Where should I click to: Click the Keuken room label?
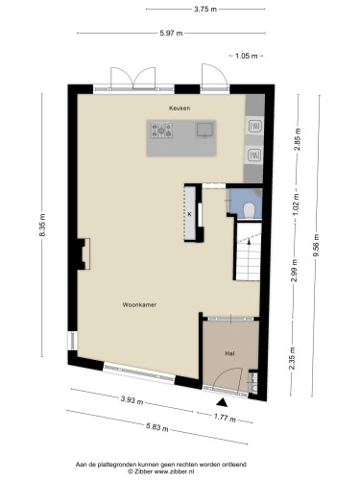tap(180, 108)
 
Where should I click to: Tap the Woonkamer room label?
tap(139, 304)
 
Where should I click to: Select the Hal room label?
tap(229, 353)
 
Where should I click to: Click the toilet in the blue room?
tap(249, 211)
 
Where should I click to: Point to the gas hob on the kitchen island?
tap(161, 131)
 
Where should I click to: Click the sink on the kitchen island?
tap(204, 130)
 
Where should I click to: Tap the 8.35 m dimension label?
tap(42, 225)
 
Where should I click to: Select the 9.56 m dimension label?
tap(316, 245)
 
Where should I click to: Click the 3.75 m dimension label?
tap(205, 9)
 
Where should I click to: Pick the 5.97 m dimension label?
tap(171, 33)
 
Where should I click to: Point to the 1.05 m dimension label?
tap(247, 56)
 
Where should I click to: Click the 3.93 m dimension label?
tap(132, 400)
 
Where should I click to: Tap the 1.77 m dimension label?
tap(225, 418)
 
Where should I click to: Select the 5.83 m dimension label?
tap(157, 427)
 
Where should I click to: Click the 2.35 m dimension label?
tap(292, 358)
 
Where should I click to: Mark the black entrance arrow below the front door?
tap(222, 403)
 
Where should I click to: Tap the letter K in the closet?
tap(189, 214)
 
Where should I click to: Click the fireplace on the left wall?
tap(84, 254)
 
